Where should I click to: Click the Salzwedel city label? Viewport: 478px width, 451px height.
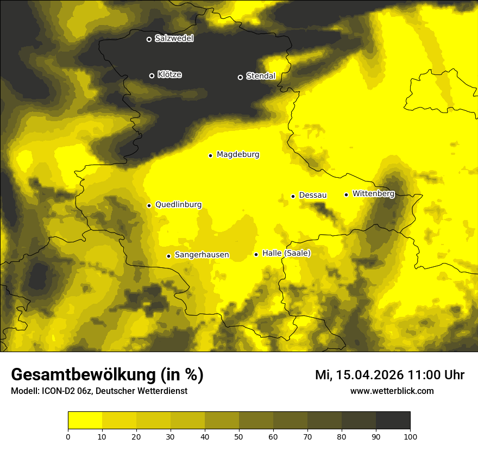pyautogui.click(x=174, y=39)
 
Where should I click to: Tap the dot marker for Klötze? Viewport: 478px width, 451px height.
pyautogui.click(x=152, y=76)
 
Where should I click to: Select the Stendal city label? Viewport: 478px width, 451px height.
pyautogui.click(x=261, y=76)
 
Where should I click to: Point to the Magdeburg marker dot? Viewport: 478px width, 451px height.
pyautogui.click(x=210, y=155)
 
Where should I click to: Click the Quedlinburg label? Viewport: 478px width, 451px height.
pyautogui.click(x=178, y=205)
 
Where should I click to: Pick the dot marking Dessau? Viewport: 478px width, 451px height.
pyautogui.click(x=293, y=196)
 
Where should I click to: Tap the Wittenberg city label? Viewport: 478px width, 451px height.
pyautogui.click(x=373, y=193)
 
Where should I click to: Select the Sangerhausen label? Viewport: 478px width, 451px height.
pyautogui.click(x=202, y=255)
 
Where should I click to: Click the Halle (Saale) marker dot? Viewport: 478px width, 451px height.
pyautogui.click(x=256, y=254)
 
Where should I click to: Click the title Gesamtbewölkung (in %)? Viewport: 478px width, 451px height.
pyautogui.click(x=107, y=375)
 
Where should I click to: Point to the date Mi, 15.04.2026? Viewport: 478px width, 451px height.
pyautogui.click(x=358, y=375)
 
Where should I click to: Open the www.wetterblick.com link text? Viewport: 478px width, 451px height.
pyautogui.click(x=392, y=391)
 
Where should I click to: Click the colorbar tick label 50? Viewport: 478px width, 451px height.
pyautogui.click(x=239, y=436)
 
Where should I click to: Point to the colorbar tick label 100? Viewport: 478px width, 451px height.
pyautogui.click(x=410, y=436)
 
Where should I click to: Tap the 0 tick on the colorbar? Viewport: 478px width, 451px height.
pyautogui.click(x=68, y=436)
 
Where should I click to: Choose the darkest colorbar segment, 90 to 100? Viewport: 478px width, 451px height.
pyautogui.click(x=393, y=421)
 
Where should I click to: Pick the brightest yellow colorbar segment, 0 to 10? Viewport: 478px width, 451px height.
pyautogui.click(x=85, y=421)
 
